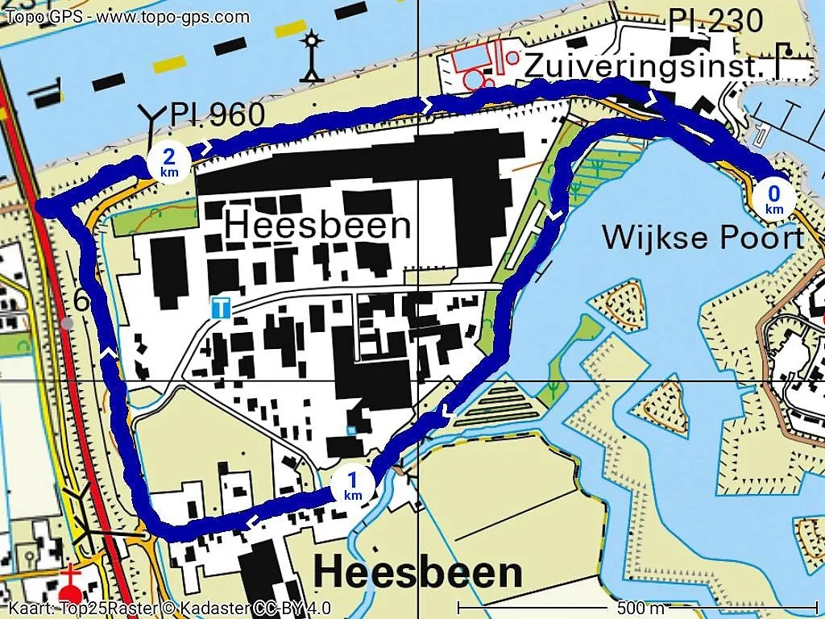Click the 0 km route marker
[773, 198]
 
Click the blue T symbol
[220, 307]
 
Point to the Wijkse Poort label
[703, 238]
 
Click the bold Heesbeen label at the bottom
[417, 573]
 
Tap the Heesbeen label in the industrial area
[317, 225]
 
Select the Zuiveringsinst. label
[643, 67]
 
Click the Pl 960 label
[217, 116]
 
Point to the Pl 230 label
[715, 21]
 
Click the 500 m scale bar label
[641, 607]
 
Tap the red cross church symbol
[72, 578]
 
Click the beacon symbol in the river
[311, 56]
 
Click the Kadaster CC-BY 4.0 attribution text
[169, 609]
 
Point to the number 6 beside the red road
[81, 301]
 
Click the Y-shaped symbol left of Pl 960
[151, 118]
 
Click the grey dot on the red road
[67, 322]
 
